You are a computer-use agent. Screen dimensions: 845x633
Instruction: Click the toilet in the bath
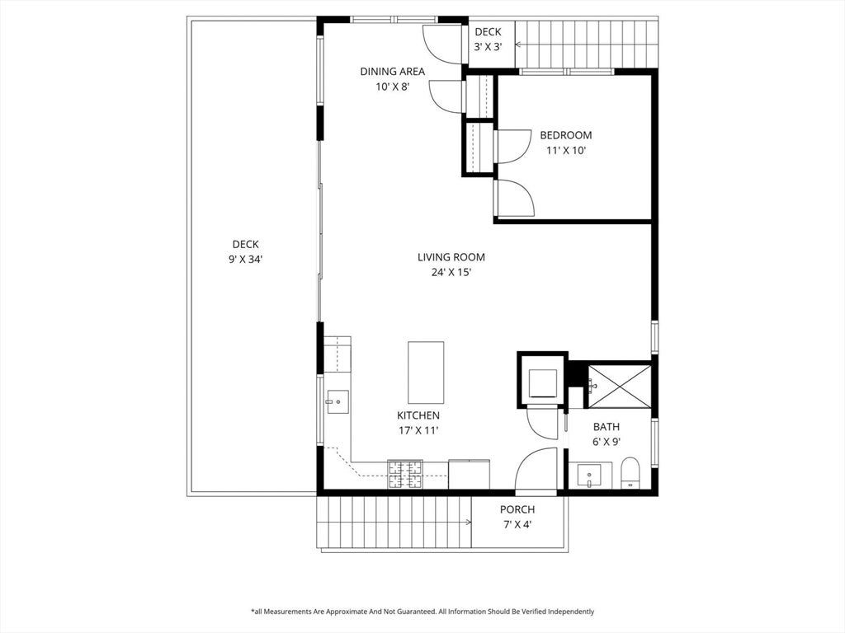(x=630, y=472)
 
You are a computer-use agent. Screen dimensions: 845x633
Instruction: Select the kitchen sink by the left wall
(x=338, y=401)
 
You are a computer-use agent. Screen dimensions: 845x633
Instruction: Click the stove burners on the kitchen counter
(x=405, y=474)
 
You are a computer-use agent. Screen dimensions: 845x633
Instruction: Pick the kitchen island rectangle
(x=426, y=373)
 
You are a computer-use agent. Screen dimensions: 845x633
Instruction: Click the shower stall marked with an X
(x=619, y=387)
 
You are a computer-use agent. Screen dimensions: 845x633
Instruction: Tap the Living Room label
(x=451, y=257)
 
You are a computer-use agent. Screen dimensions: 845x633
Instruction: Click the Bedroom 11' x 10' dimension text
(x=566, y=151)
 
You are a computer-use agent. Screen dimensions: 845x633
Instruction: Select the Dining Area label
(x=392, y=72)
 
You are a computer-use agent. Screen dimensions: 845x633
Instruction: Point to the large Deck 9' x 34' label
(x=245, y=252)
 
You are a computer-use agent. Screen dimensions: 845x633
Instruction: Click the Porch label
(x=517, y=509)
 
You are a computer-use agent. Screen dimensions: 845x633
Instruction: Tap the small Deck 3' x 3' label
(x=489, y=40)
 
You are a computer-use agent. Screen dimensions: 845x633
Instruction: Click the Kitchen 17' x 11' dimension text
(x=418, y=430)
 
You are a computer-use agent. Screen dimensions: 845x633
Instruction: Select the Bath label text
(x=607, y=427)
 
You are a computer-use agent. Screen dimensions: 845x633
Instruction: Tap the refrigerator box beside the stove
(x=469, y=474)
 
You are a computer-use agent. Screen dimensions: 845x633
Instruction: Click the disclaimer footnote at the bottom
(x=422, y=612)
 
